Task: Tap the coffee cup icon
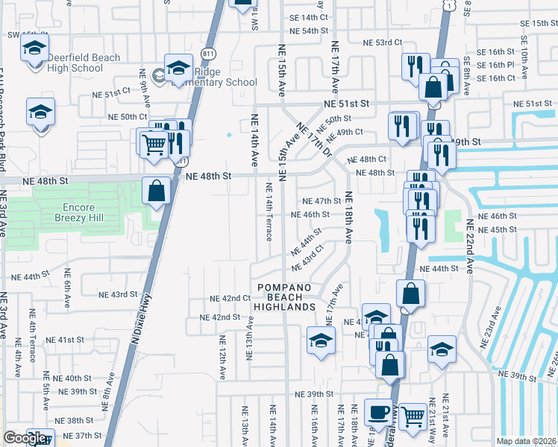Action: click(378, 413)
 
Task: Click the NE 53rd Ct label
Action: click(383, 43)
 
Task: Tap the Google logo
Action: click(25, 437)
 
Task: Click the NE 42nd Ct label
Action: click(230, 298)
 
